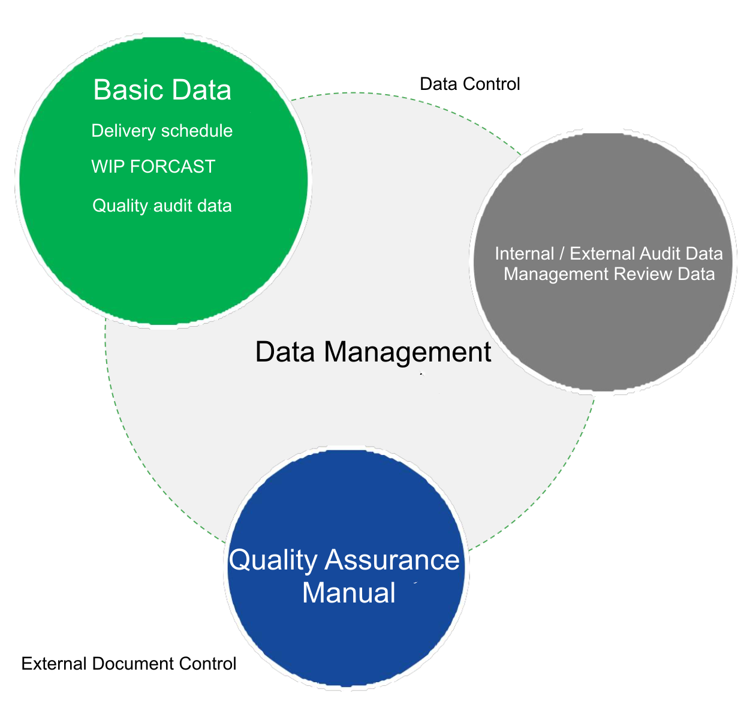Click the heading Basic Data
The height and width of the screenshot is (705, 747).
tap(162, 91)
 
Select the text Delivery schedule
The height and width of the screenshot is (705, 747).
tap(162, 131)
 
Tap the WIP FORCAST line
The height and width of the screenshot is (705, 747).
tap(153, 167)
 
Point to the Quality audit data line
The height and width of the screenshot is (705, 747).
tap(162, 206)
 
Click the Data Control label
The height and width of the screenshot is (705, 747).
tap(469, 84)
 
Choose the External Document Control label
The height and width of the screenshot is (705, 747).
tap(129, 664)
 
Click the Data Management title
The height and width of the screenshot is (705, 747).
tap(373, 352)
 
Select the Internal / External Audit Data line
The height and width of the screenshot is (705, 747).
tap(609, 254)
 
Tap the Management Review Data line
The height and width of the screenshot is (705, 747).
tap(609, 274)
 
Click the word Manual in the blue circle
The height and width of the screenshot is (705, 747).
tap(348, 593)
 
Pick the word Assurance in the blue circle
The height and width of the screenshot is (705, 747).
tap(392, 560)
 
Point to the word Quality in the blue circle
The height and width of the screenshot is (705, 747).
tap(273, 561)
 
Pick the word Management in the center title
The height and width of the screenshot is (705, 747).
tap(407, 352)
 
